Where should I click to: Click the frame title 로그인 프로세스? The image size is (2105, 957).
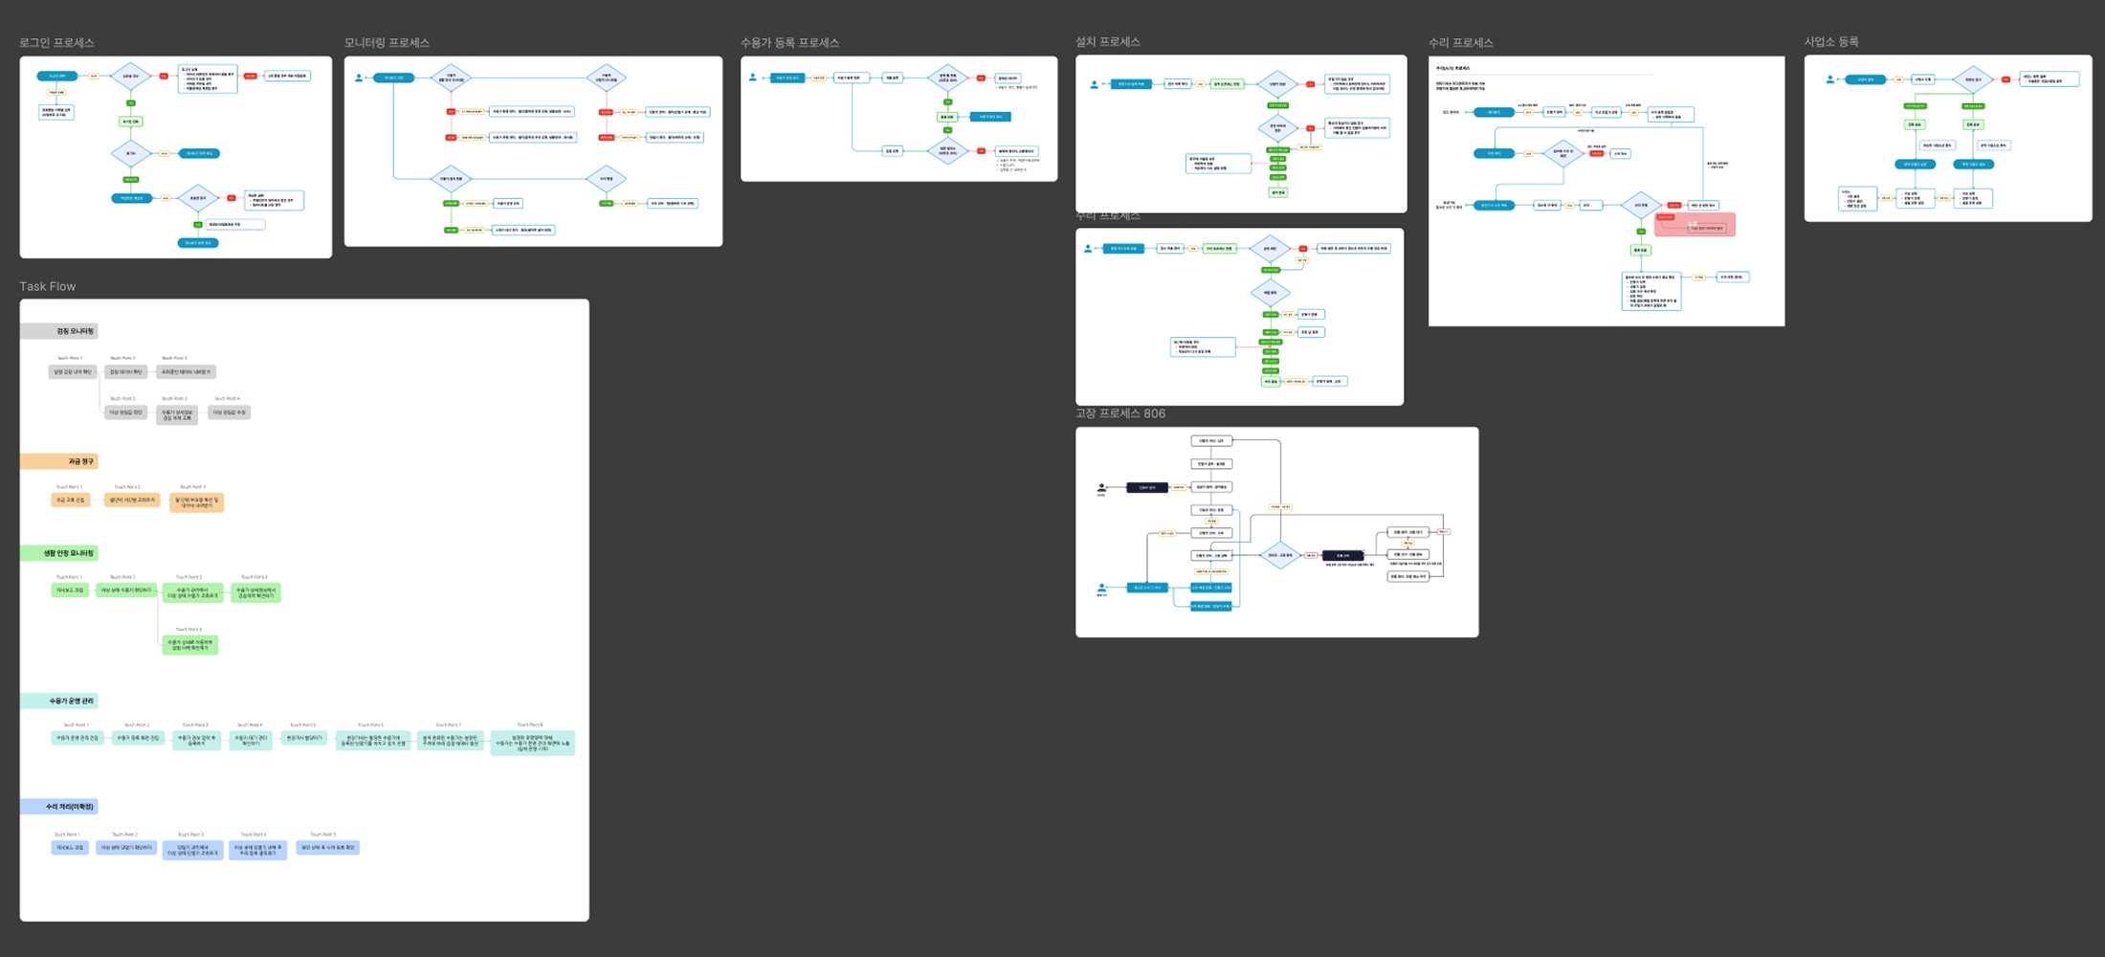[56, 43]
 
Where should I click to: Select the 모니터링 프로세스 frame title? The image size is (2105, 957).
[387, 43]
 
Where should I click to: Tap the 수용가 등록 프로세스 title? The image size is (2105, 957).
[789, 43]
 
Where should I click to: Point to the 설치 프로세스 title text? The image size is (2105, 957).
[1107, 42]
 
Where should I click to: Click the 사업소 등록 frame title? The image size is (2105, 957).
[1831, 42]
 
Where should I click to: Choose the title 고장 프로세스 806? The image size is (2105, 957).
[1119, 413]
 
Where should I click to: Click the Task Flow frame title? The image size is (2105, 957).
[47, 286]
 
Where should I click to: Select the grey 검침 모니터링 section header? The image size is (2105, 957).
[59, 331]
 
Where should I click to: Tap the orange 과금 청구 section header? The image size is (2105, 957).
[59, 461]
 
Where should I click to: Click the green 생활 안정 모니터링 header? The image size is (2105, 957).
[59, 553]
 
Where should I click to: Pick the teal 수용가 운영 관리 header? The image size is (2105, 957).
[59, 701]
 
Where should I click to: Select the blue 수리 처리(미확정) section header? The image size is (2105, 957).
[59, 807]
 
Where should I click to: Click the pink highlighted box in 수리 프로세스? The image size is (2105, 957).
[1695, 225]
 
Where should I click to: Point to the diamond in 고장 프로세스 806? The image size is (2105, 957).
[1279, 555]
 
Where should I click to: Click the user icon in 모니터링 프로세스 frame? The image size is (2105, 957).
[359, 78]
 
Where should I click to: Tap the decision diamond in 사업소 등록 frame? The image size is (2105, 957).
[1972, 79]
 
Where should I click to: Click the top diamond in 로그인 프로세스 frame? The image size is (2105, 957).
[130, 76]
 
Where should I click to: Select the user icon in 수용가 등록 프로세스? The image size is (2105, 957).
[753, 78]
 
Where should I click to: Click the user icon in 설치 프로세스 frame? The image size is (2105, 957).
[1094, 84]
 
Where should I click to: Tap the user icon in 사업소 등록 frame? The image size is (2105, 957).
[1829, 79]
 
